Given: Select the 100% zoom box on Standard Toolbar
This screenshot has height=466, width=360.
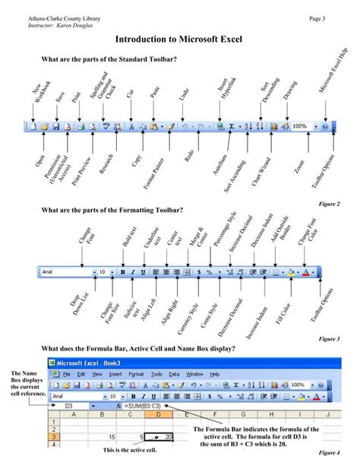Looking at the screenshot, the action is [301, 126].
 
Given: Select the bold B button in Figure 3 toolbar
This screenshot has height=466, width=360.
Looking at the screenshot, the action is [122, 271].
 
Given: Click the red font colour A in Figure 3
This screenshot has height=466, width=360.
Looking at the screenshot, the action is [305, 271].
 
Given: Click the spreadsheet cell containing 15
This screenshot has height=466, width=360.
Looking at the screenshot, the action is [112, 437].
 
